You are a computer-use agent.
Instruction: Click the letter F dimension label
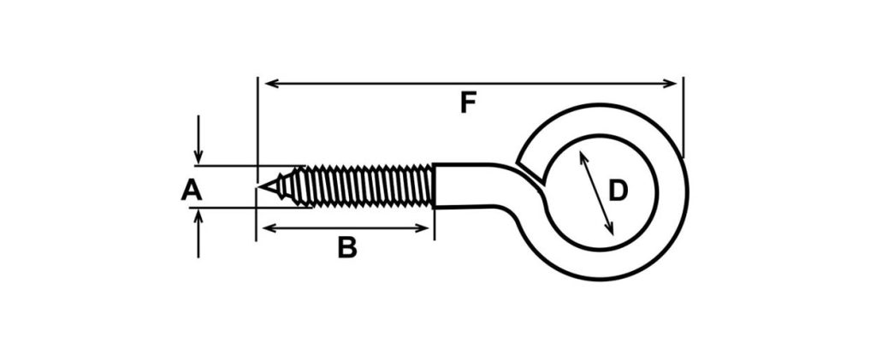[x=468, y=103]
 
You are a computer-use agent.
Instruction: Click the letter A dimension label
[x=191, y=191]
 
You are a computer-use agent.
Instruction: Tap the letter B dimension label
[x=347, y=248]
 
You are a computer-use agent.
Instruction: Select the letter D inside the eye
[x=618, y=191]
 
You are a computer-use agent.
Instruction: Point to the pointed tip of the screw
[x=258, y=186]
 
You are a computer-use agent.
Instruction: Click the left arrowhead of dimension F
[x=271, y=84]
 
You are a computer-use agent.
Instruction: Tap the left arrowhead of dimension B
[x=269, y=227]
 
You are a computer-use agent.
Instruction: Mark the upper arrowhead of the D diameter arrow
[x=582, y=158]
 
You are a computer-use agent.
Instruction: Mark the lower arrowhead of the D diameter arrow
[x=611, y=227]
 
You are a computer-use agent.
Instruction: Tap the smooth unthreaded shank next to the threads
[x=470, y=186]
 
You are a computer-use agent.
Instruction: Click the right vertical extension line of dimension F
[x=684, y=117]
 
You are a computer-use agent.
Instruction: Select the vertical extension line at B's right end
[x=434, y=224]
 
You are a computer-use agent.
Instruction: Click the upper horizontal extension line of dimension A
[x=249, y=166]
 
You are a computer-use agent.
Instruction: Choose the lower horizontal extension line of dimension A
[x=251, y=208]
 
